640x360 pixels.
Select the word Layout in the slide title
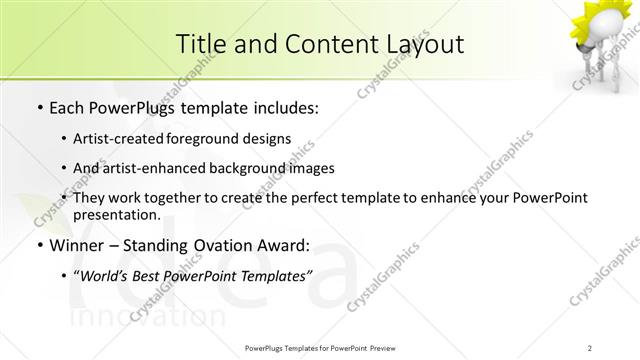(424, 44)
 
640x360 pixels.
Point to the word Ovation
(228, 245)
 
